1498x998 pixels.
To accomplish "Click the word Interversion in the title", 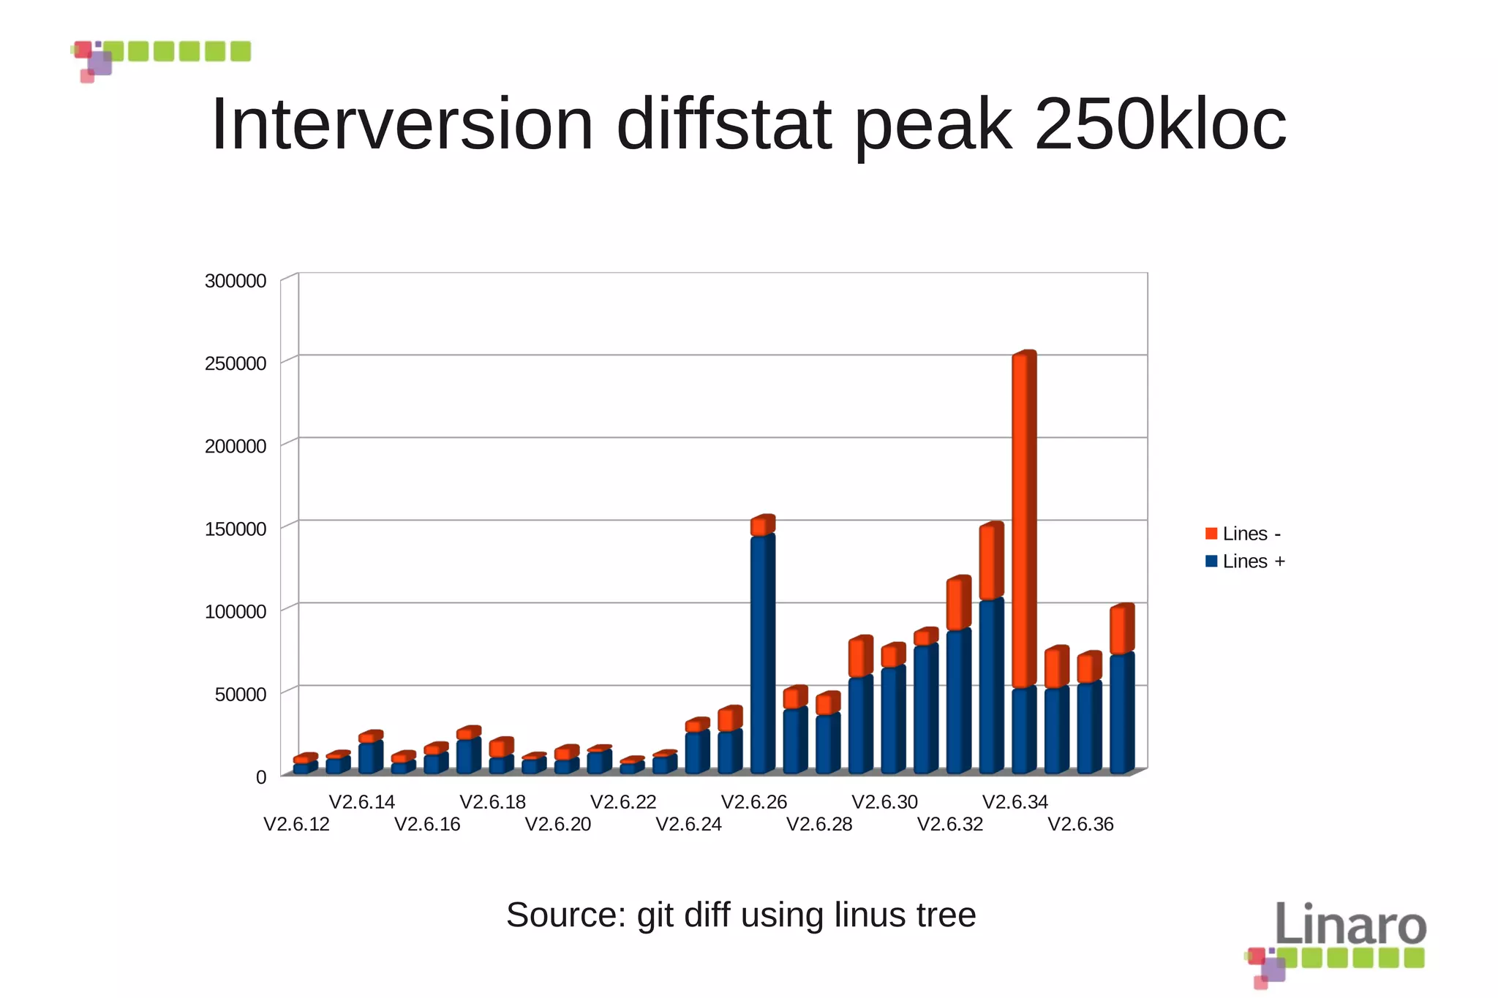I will tap(402, 124).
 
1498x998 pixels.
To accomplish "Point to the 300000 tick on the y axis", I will tap(235, 281).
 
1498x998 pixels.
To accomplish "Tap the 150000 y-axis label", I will tap(235, 529).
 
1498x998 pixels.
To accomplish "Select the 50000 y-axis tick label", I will tap(240, 695).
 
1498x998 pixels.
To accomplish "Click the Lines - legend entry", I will tap(1243, 534).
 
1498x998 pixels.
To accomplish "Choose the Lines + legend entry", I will tap(1245, 562).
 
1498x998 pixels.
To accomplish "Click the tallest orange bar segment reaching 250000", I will tap(1023, 519).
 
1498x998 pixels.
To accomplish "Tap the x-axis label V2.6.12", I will tap(296, 825).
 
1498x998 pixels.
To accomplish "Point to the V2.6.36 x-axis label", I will tap(1080, 825).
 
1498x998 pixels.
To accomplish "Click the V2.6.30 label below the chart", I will tap(884, 802).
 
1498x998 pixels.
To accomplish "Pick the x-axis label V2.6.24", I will tap(688, 825).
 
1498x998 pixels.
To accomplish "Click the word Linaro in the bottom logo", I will tap(1350, 925).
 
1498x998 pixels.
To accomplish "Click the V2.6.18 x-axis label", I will tap(492, 802).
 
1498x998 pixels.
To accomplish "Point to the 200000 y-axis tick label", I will tap(235, 447).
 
